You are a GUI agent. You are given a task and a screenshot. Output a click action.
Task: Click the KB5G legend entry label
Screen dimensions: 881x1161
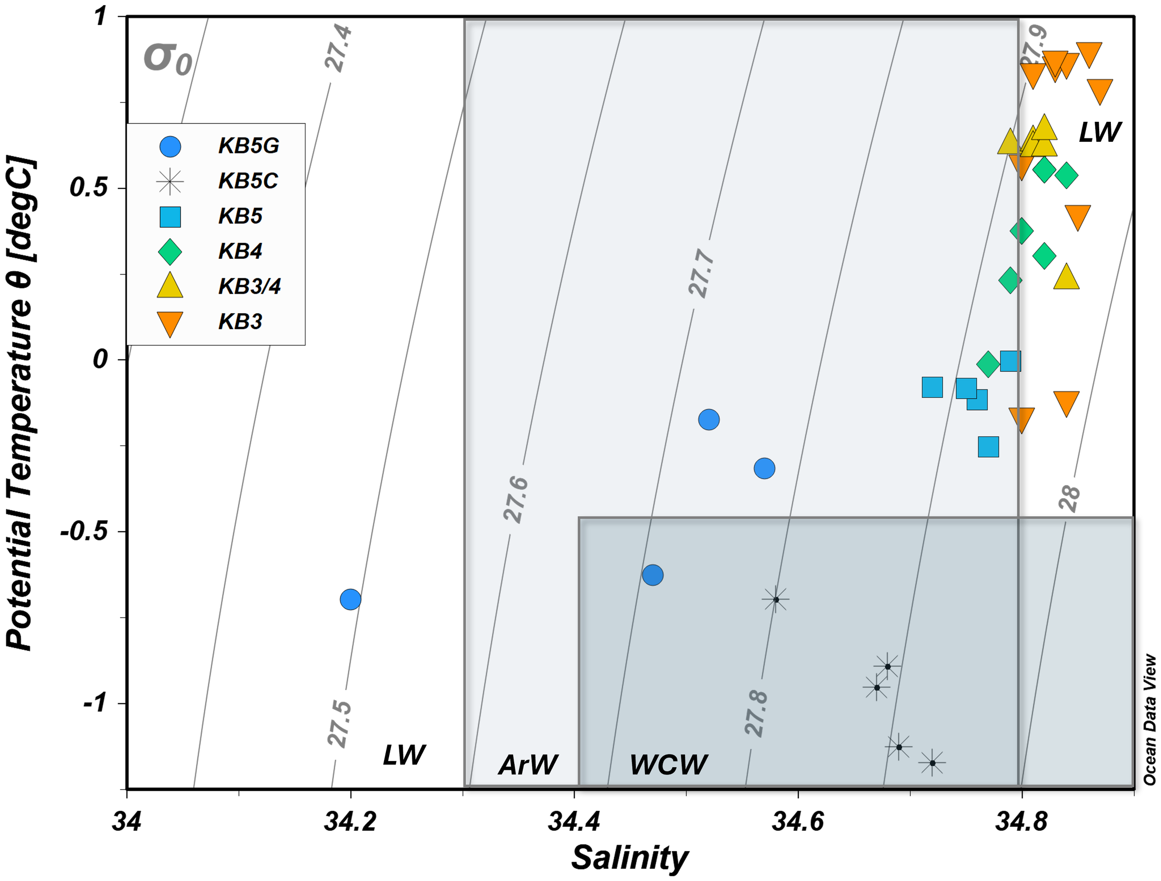pyautogui.click(x=248, y=146)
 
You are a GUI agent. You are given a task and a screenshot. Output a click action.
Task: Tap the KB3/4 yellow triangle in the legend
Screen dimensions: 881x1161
pyautogui.click(x=170, y=286)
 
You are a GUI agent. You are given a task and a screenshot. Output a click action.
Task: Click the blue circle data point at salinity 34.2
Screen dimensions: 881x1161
pyautogui.click(x=350, y=599)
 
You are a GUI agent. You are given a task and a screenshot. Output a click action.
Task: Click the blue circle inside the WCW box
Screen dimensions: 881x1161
pyautogui.click(x=652, y=575)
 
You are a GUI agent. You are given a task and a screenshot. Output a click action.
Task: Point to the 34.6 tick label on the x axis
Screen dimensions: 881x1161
pyautogui.click(x=797, y=821)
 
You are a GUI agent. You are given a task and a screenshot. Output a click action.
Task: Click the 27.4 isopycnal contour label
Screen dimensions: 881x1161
pyautogui.click(x=339, y=48)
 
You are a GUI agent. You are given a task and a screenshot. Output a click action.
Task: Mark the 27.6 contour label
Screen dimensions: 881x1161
pyautogui.click(x=515, y=500)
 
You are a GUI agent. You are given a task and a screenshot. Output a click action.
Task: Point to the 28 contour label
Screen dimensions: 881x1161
pyautogui.click(x=1069, y=497)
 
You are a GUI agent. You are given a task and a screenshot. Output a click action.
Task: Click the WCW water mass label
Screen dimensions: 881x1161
pyautogui.click(x=668, y=764)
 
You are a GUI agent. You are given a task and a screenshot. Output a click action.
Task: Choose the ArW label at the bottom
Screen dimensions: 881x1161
pyautogui.click(x=528, y=764)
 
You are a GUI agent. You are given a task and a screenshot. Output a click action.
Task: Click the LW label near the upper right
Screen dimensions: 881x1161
pyautogui.click(x=1099, y=132)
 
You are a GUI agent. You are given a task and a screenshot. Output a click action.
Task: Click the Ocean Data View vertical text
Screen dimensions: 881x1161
pyautogui.click(x=1149, y=720)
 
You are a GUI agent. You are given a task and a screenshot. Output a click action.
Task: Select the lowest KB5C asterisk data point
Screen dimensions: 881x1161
pyautogui.click(x=932, y=763)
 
